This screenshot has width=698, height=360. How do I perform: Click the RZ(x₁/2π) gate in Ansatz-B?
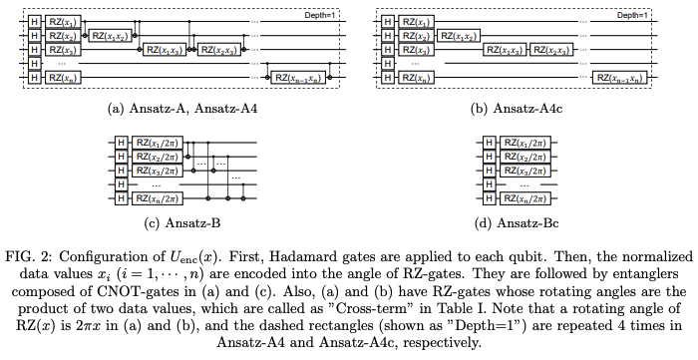pos(157,144)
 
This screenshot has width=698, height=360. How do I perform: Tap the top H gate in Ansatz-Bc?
pos(489,144)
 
